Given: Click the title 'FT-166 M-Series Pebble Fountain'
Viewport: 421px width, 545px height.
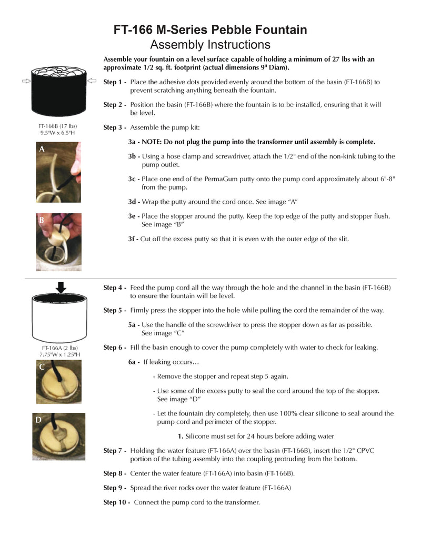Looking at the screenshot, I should pyautogui.click(x=210, y=29).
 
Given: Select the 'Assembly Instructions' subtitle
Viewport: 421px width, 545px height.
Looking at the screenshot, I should pyautogui.click(x=210, y=44).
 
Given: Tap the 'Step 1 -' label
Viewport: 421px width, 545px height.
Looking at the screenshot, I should pyautogui.click(x=115, y=82).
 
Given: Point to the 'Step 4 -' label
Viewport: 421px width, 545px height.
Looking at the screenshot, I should pyautogui.click(x=115, y=288).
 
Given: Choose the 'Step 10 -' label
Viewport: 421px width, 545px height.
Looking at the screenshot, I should pyautogui.click(x=116, y=502).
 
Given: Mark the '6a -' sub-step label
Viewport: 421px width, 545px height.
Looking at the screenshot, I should pyautogui.click(x=134, y=362).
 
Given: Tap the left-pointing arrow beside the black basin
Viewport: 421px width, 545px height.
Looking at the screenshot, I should pyautogui.click(x=92, y=81).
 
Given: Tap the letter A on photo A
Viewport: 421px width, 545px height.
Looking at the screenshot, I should pyautogui.click(x=42, y=150).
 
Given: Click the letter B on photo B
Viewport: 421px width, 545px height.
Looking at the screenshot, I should pyautogui.click(x=41, y=220).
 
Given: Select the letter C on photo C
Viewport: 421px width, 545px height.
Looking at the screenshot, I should pyautogui.click(x=42, y=368).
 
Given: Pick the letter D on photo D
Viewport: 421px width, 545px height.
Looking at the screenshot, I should pyautogui.click(x=38, y=420).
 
